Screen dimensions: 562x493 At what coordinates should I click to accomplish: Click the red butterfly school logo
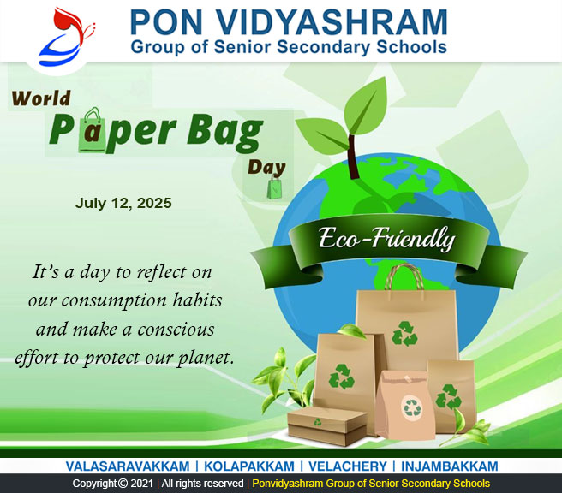[67, 37]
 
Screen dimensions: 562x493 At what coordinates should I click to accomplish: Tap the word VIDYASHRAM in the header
[332, 22]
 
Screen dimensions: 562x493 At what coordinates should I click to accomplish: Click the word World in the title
[41, 98]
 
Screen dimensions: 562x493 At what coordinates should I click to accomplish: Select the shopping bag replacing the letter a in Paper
[93, 130]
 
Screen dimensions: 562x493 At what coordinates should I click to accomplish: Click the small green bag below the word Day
[274, 187]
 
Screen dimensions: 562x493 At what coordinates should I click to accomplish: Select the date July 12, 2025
[123, 204]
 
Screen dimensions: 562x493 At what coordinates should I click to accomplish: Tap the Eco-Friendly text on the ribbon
[386, 239]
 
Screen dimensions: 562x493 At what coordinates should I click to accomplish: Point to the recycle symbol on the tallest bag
[404, 334]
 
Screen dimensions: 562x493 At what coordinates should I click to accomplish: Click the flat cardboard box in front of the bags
[327, 426]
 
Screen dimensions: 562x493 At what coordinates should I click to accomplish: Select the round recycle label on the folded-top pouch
[412, 407]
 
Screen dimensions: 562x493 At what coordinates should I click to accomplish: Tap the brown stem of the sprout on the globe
[353, 157]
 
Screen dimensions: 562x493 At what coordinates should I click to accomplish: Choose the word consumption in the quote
[114, 301]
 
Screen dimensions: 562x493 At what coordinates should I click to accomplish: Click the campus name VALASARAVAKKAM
[128, 466]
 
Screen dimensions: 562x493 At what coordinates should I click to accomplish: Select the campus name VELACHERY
[348, 466]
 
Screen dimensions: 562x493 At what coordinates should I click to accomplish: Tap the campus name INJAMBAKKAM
[450, 466]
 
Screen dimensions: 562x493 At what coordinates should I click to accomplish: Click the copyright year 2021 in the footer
[142, 484]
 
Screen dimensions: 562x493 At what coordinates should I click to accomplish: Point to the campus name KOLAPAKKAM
[249, 466]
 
